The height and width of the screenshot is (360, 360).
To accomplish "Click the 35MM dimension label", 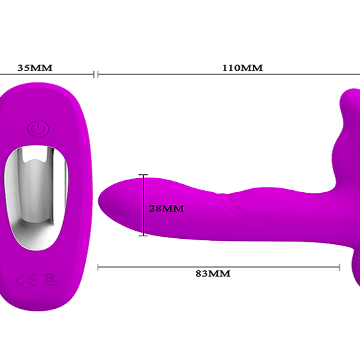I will (x=35, y=68).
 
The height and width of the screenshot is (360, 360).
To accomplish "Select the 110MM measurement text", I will (x=242, y=68).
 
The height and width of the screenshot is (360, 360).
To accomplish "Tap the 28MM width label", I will (x=167, y=208).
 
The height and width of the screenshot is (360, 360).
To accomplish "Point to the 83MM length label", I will (x=213, y=273).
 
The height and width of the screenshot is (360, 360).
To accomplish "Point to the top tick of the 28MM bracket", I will (x=144, y=175).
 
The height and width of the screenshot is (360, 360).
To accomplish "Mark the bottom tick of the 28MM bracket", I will (x=144, y=235).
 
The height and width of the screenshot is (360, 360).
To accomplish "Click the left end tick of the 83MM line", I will (x=98, y=267).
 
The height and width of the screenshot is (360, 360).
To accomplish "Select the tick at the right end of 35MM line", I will (x=94, y=75).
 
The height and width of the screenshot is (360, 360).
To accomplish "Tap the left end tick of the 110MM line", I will (x=98, y=75).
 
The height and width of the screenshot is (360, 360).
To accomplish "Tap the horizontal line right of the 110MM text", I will (x=310, y=75).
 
